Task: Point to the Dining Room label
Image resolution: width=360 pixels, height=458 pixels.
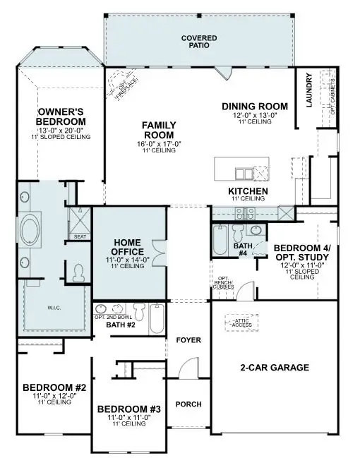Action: (248, 107)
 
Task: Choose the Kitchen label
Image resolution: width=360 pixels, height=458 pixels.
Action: (247, 191)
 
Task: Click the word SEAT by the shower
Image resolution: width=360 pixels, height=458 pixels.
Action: (79, 237)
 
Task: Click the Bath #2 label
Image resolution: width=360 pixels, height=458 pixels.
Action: (115, 325)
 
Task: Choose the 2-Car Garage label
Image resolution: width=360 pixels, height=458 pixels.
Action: (275, 367)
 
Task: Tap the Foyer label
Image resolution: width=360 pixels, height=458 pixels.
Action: (188, 340)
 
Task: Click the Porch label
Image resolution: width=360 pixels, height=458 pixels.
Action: (188, 404)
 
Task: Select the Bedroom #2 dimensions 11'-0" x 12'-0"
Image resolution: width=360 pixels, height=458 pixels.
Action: (54, 396)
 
